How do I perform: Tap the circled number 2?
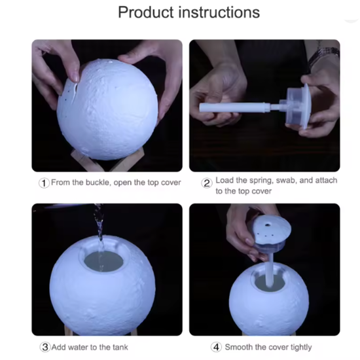click(207, 183)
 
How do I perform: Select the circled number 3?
click(45, 347)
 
